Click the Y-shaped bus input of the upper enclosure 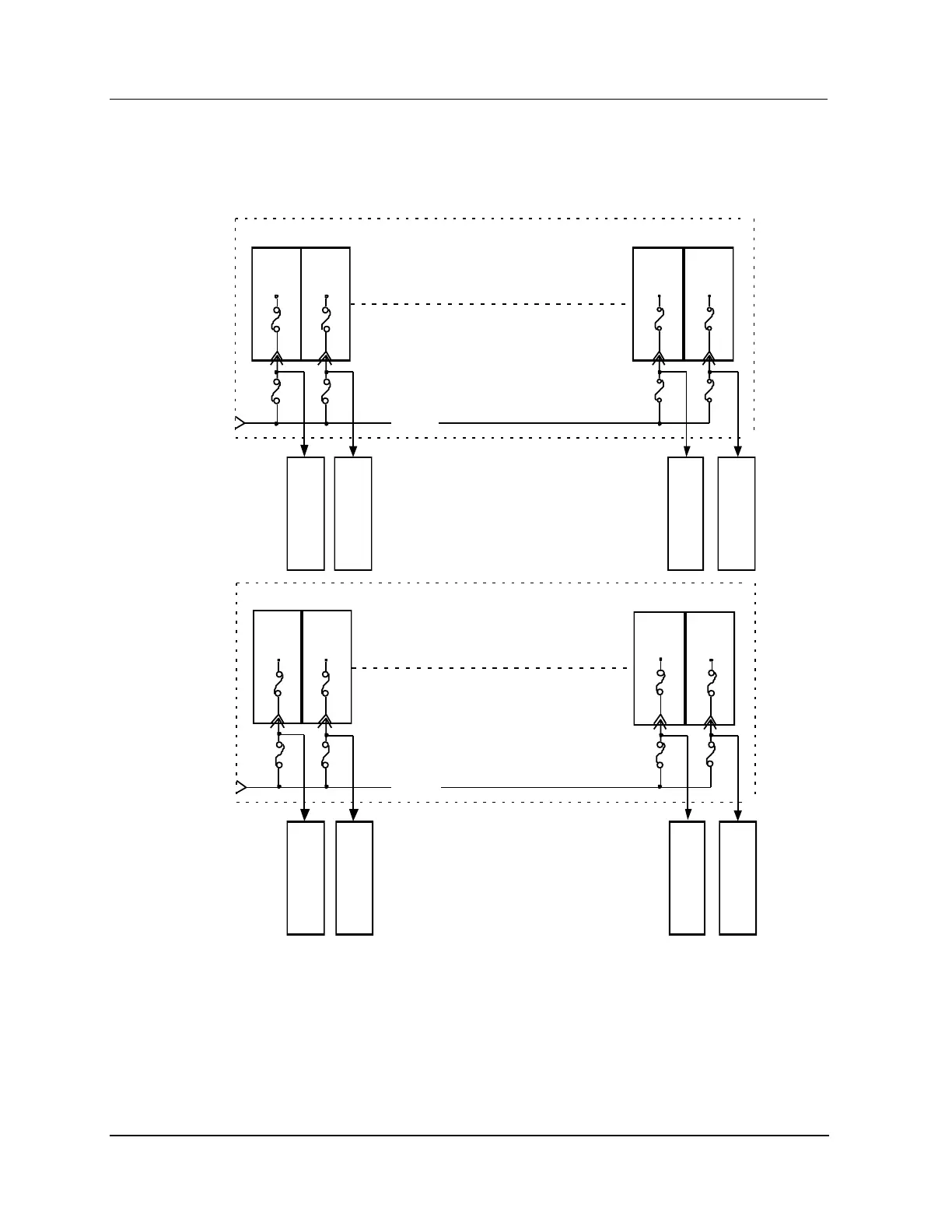point(240,423)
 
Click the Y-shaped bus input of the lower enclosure point(240,787)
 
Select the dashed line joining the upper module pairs point(490,304)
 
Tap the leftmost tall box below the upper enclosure point(306,513)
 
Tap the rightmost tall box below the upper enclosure point(736,513)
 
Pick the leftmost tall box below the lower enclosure point(306,877)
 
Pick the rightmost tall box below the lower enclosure point(737,877)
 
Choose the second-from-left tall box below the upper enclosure point(353,513)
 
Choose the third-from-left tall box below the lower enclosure point(687,877)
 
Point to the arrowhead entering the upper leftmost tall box point(304,452)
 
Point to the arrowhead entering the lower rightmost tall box point(738,816)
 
